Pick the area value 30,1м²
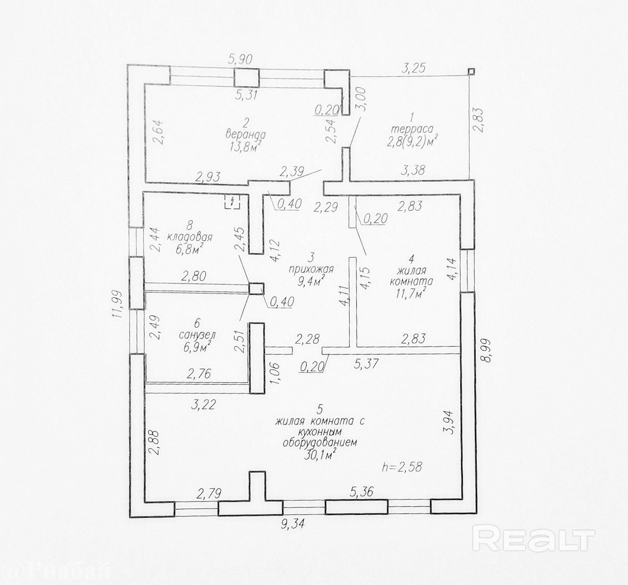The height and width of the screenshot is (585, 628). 319,455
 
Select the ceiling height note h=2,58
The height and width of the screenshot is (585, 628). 402,467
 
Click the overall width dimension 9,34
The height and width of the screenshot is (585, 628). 293,524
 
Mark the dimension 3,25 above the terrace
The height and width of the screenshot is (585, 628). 413,68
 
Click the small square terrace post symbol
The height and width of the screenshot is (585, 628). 471,72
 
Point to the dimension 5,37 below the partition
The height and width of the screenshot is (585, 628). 366,364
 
